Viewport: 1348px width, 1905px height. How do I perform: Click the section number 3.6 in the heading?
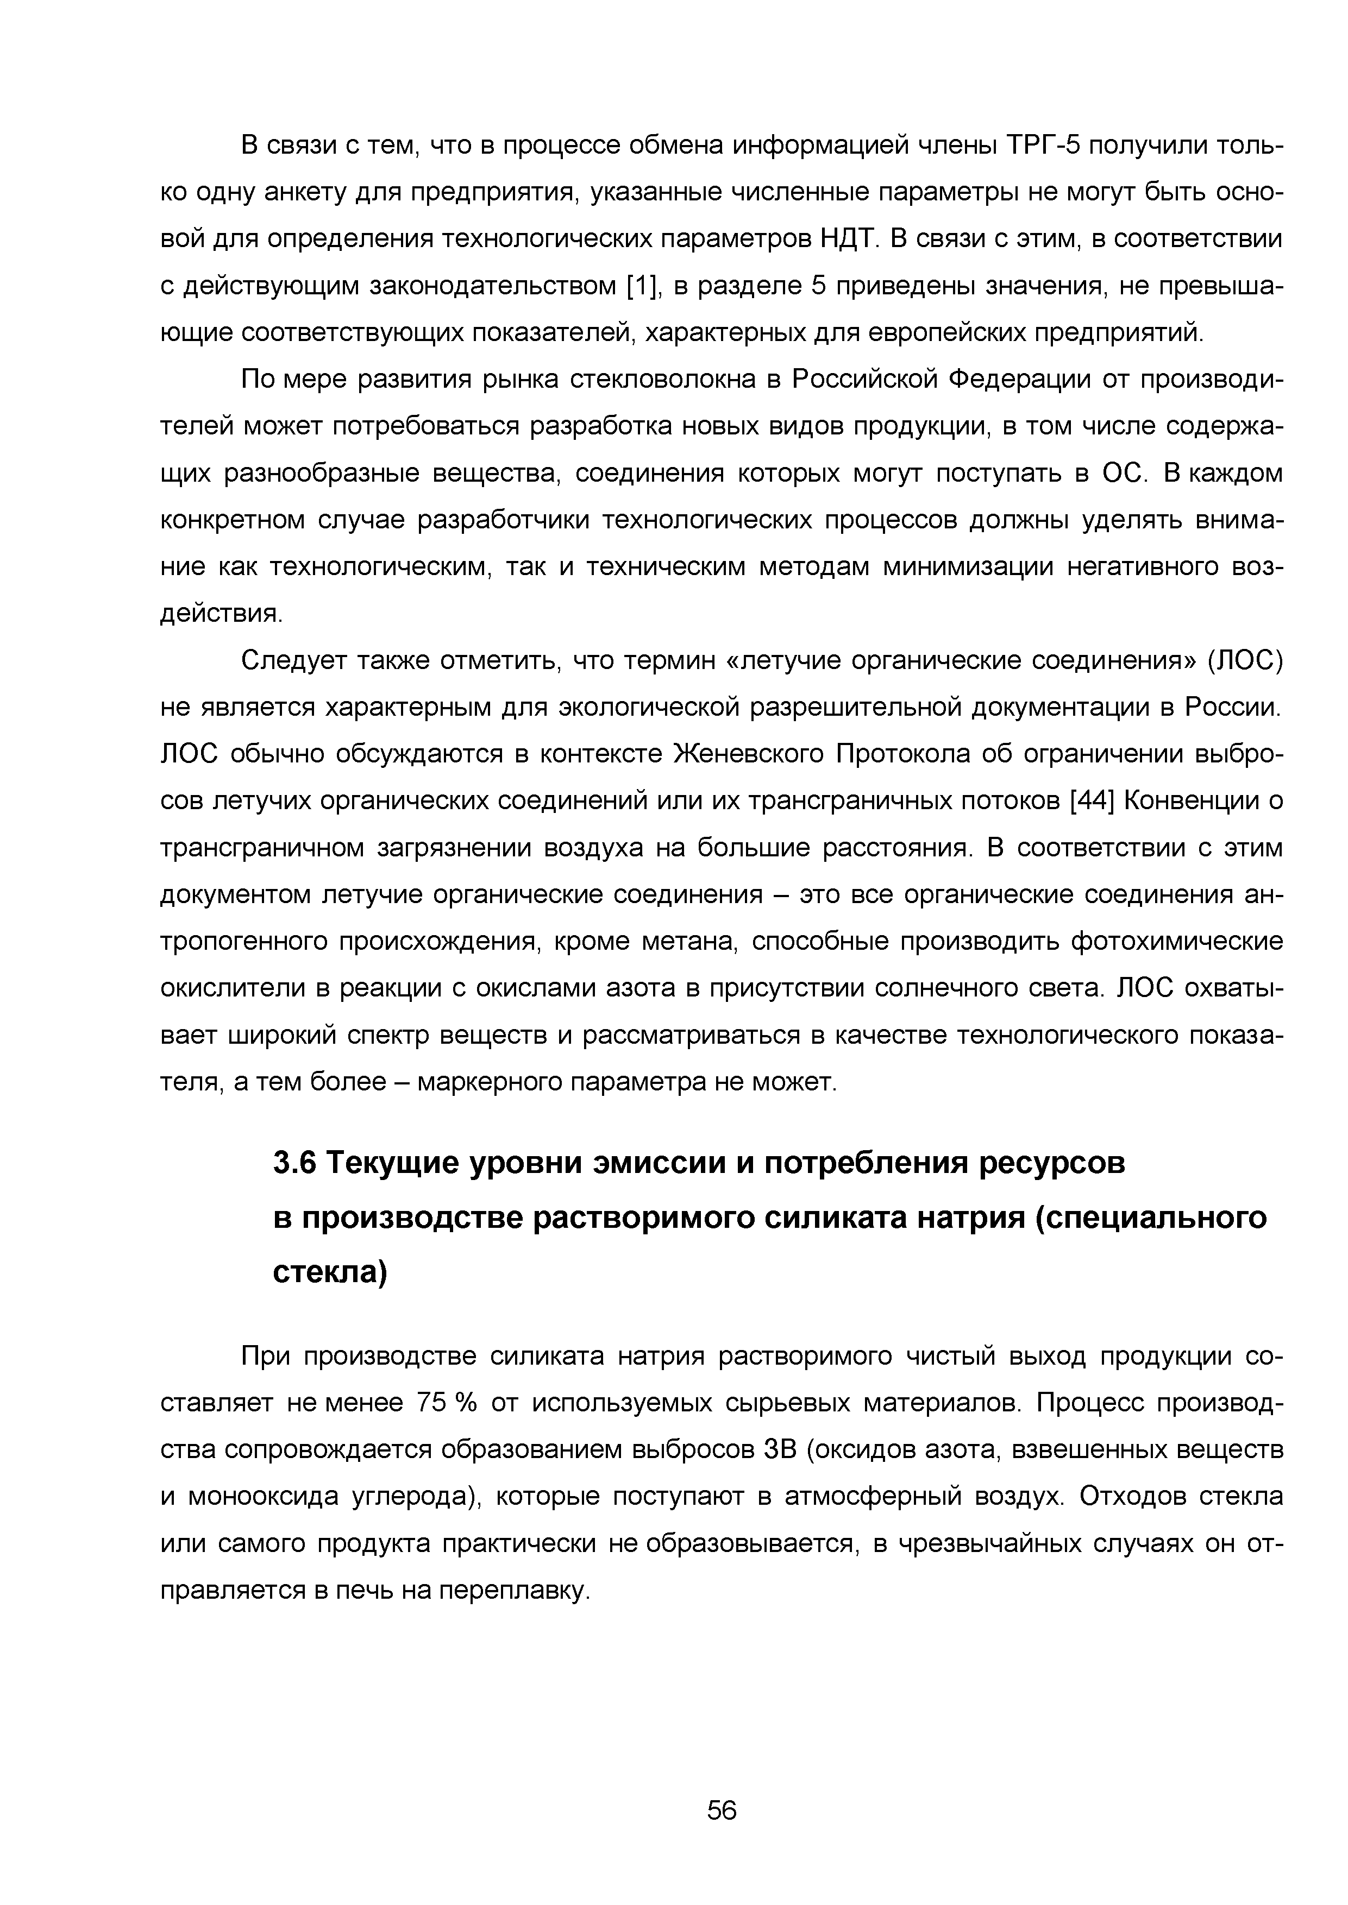tap(294, 1163)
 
